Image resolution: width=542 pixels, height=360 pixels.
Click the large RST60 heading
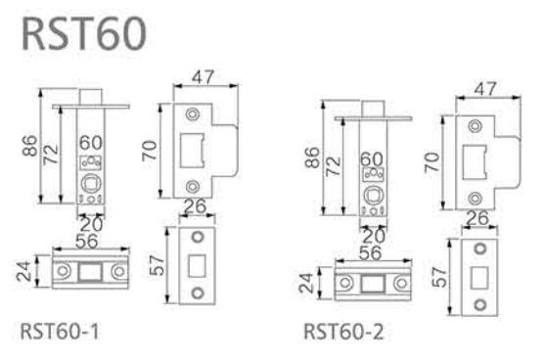click(84, 34)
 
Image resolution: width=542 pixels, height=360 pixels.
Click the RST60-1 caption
click(60, 332)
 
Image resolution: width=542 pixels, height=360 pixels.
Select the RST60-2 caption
click(343, 332)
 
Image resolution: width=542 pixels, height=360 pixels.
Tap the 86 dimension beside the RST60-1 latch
click(29, 146)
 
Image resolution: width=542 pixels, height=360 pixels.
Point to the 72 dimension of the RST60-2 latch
click(334, 166)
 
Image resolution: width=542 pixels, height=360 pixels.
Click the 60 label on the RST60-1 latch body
click(91, 143)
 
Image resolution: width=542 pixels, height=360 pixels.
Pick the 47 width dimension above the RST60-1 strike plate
click(203, 77)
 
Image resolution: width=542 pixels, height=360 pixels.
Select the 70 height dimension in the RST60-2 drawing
click(432, 162)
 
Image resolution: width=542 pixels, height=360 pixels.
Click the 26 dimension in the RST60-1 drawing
click(196, 206)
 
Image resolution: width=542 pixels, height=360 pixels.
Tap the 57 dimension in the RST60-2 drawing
click(439, 277)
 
